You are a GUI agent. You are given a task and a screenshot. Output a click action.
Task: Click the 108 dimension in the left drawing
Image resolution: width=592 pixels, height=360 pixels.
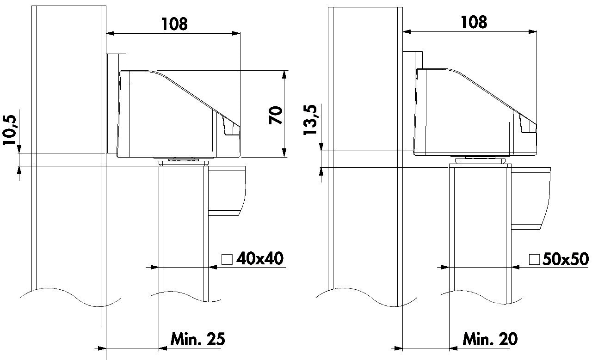tap(174, 24)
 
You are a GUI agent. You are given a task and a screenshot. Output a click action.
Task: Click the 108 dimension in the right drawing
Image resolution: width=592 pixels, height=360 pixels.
tap(474, 22)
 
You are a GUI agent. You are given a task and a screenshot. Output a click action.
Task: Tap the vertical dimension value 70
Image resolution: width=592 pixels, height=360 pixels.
tap(276, 115)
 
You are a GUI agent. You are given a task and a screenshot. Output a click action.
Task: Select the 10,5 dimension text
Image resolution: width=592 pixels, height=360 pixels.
tap(10, 130)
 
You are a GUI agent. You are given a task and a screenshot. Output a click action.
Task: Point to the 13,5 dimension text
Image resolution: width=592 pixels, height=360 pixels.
tap(310, 120)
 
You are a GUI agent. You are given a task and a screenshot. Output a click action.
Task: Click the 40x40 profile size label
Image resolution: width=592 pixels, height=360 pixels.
tap(260, 258)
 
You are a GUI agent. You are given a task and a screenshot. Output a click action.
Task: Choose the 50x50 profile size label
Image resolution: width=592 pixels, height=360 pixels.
tap(566, 259)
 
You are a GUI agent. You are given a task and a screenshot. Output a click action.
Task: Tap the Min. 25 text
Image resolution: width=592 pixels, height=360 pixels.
tap(197, 339)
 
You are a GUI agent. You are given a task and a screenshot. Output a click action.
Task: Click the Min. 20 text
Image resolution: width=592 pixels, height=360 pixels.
tap(490, 339)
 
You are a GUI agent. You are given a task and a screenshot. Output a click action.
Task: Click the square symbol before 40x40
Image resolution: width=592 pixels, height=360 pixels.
tap(227, 259)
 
